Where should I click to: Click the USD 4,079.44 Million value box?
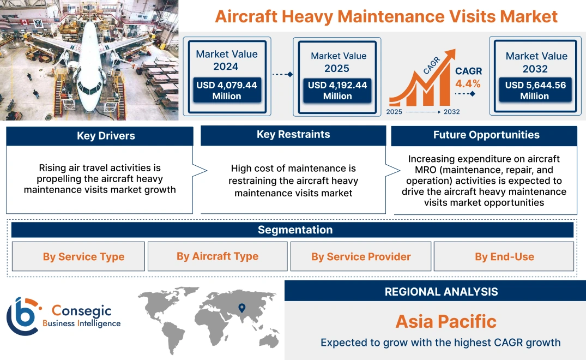coord(226,91)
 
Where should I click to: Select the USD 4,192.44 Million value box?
coord(337,91)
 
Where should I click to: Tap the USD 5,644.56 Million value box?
coord(535,91)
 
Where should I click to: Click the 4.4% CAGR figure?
coord(468,83)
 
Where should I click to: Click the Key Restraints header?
coord(293,135)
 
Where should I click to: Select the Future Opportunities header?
coord(486,135)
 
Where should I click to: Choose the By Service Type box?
coord(83,256)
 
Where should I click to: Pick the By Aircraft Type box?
coord(218,256)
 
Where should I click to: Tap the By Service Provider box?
coord(361,256)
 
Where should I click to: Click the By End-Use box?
coord(504,256)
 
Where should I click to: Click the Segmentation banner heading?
coord(295,230)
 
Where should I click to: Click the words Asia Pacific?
coord(445,321)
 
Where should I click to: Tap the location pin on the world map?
coord(242,309)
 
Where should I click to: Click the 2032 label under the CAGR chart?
coord(451,111)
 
